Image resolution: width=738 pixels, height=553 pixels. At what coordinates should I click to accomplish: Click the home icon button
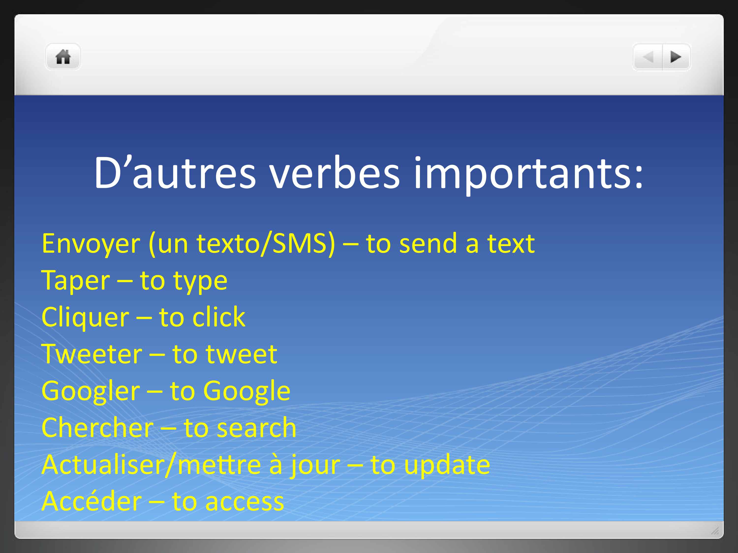pyautogui.click(x=63, y=57)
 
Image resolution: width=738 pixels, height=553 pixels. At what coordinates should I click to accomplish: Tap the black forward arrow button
pyautogui.click(x=676, y=57)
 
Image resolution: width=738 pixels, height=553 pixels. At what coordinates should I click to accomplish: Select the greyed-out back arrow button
pyautogui.click(x=648, y=57)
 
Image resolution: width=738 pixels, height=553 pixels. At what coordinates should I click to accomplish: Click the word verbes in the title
pyautogui.click(x=335, y=173)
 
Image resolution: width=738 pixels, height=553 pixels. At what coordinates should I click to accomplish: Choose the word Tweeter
pyautogui.click(x=92, y=354)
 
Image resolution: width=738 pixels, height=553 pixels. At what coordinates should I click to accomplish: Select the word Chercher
pyautogui.click(x=98, y=428)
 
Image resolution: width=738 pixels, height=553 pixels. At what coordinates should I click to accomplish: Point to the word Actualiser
pyautogui.click(x=104, y=465)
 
